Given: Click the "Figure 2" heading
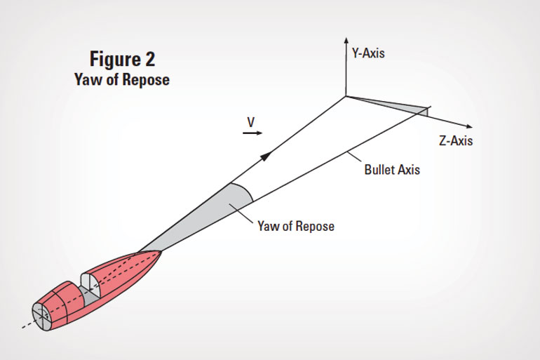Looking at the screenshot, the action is coord(122,59).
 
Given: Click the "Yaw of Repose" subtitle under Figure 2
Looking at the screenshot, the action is coord(122,79).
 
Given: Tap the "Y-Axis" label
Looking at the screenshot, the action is coord(368,53).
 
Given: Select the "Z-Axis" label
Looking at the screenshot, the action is coord(456,140).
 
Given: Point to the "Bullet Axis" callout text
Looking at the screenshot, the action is coord(392,170).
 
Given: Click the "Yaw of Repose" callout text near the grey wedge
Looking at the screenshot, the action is coord(296,227).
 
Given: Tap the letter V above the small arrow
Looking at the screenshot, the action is coord(251,122).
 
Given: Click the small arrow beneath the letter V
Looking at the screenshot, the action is coord(252,133).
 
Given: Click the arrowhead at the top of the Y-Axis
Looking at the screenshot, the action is coord(346,40).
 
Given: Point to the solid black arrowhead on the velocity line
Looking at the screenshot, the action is coord(266,156).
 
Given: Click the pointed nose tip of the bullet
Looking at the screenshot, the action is coord(161,252).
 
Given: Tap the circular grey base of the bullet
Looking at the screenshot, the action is coord(41,316).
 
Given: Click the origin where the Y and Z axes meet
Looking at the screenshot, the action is coord(346,96).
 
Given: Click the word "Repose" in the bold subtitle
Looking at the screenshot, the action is coord(146,79).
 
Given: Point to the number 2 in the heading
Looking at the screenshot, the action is coord(149,59).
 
